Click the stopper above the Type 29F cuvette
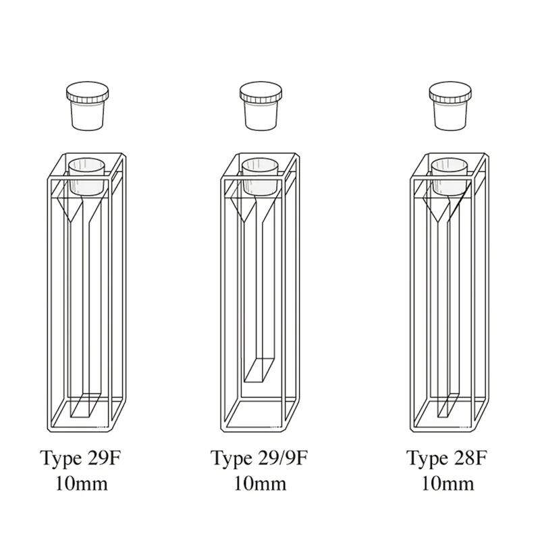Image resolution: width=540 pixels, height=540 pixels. click(x=88, y=107)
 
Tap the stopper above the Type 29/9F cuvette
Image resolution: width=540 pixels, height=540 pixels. click(x=261, y=107)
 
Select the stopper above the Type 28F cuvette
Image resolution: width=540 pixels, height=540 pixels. click(x=450, y=107)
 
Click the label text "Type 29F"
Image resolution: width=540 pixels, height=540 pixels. click(x=81, y=459)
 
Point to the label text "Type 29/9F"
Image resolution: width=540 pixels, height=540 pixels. click(x=259, y=459)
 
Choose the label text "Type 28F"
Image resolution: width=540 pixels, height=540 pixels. click(x=447, y=459)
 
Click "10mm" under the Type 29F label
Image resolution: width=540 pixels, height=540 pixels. click(x=82, y=483)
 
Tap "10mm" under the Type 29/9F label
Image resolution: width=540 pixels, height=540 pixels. click(x=261, y=483)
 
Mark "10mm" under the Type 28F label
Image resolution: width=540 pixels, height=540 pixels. click(x=448, y=483)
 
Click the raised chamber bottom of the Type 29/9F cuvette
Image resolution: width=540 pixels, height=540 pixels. click(x=259, y=371)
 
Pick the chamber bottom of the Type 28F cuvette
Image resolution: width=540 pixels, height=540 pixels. click(x=449, y=406)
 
